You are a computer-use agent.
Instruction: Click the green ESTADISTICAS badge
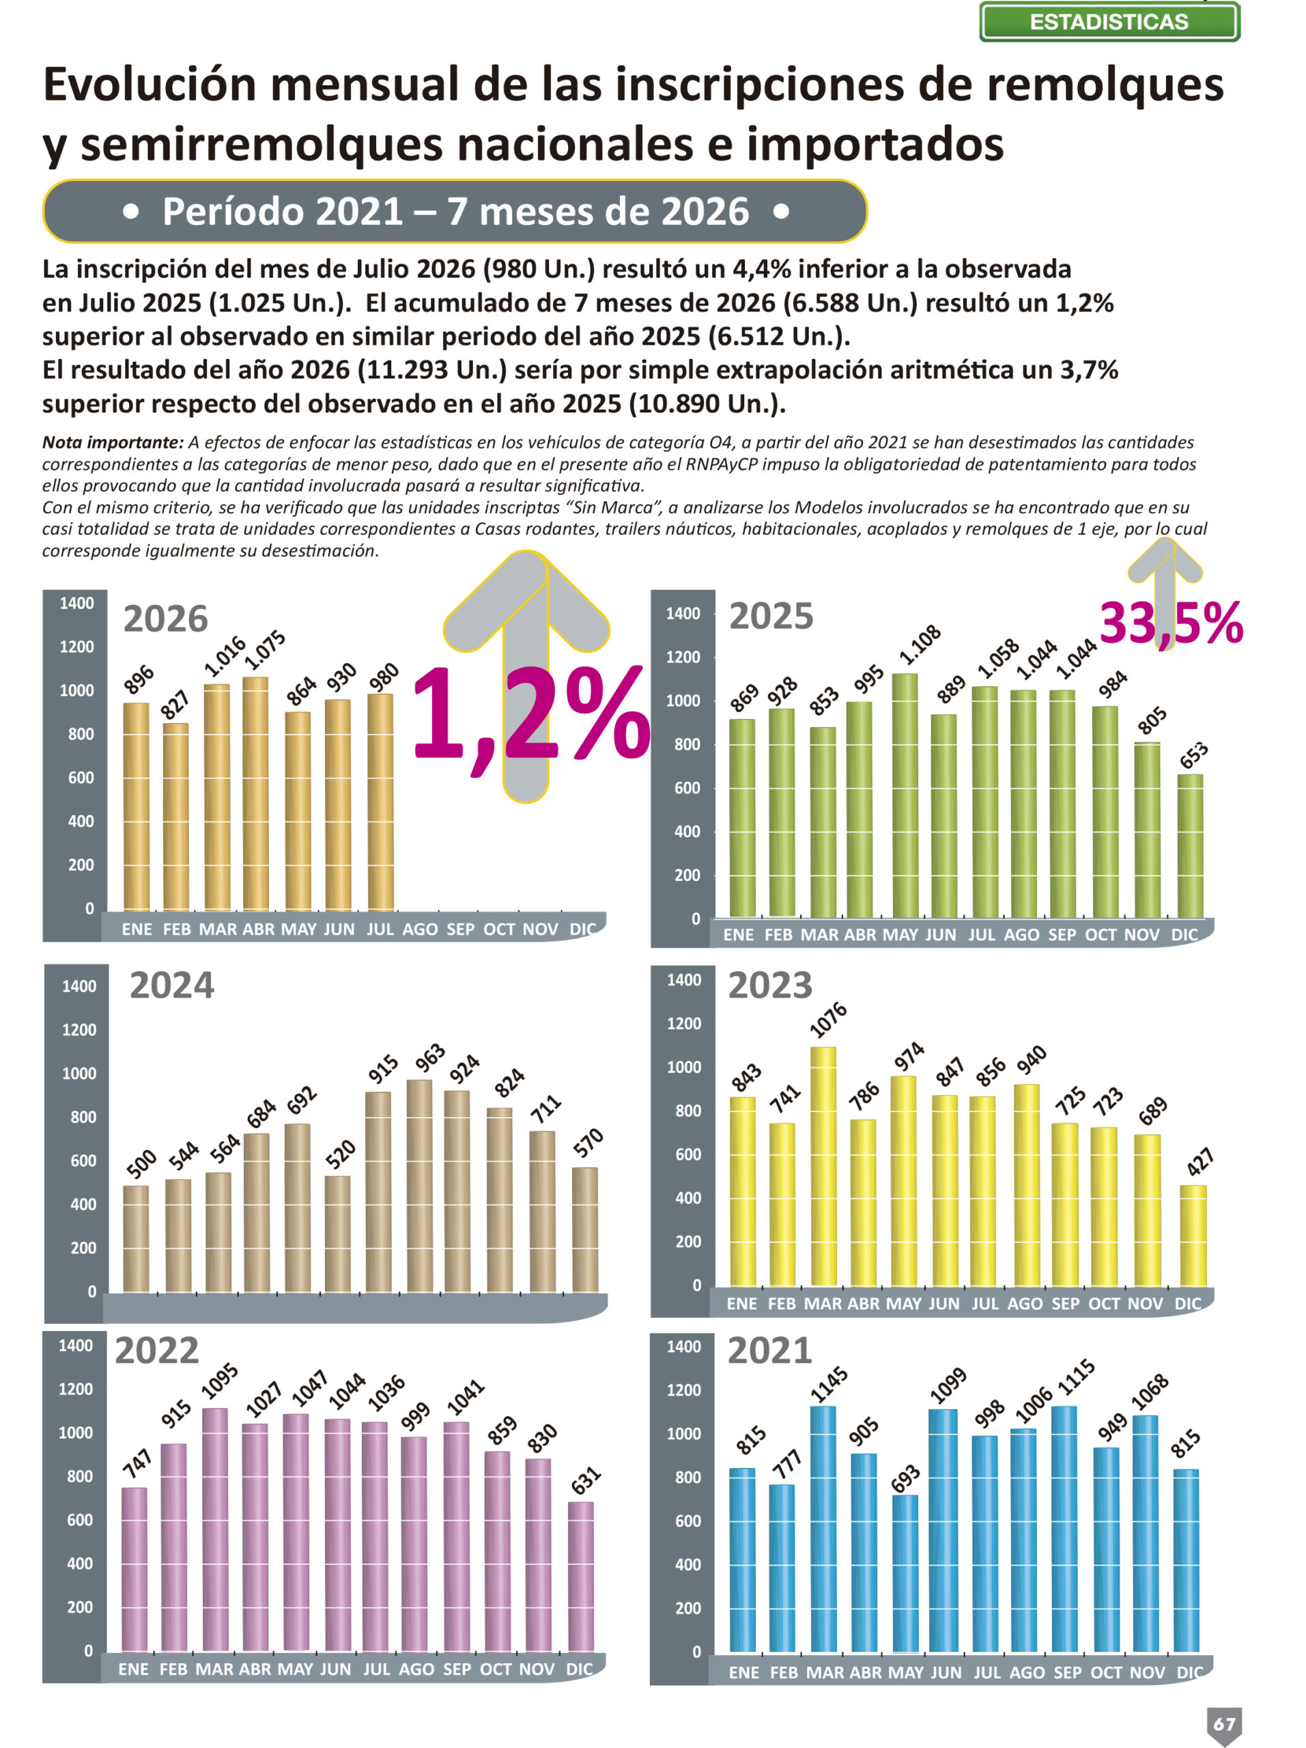[1109, 21]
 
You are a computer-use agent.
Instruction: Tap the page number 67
[1224, 1723]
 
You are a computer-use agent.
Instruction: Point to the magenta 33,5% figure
[1171, 623]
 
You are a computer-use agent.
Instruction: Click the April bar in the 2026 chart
[255, 793]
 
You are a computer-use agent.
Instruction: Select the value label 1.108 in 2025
[920, 644]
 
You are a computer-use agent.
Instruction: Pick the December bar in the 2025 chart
[1190, 846]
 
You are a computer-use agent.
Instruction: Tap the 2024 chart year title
[171, 985]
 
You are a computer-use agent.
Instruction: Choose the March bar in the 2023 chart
[823, 1166]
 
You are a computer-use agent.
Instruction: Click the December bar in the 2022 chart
[581, 1577]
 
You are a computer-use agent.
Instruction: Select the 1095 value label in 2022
[220, 1382]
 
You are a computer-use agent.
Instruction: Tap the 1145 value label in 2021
[829, 1385]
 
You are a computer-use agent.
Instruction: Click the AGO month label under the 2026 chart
[420, 929]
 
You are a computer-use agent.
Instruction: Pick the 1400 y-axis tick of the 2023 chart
[683, 981]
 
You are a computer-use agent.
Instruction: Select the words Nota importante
[112, 442]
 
